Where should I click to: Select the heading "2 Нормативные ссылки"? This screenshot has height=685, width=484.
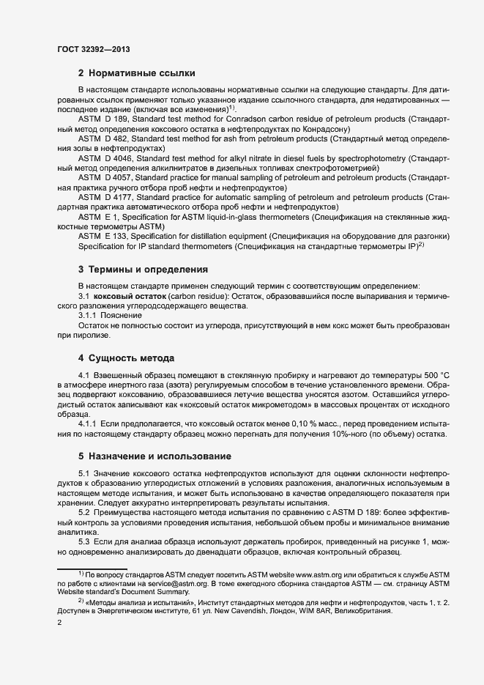[136, 73]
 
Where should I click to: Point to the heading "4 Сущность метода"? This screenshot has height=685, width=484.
[126, 358]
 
